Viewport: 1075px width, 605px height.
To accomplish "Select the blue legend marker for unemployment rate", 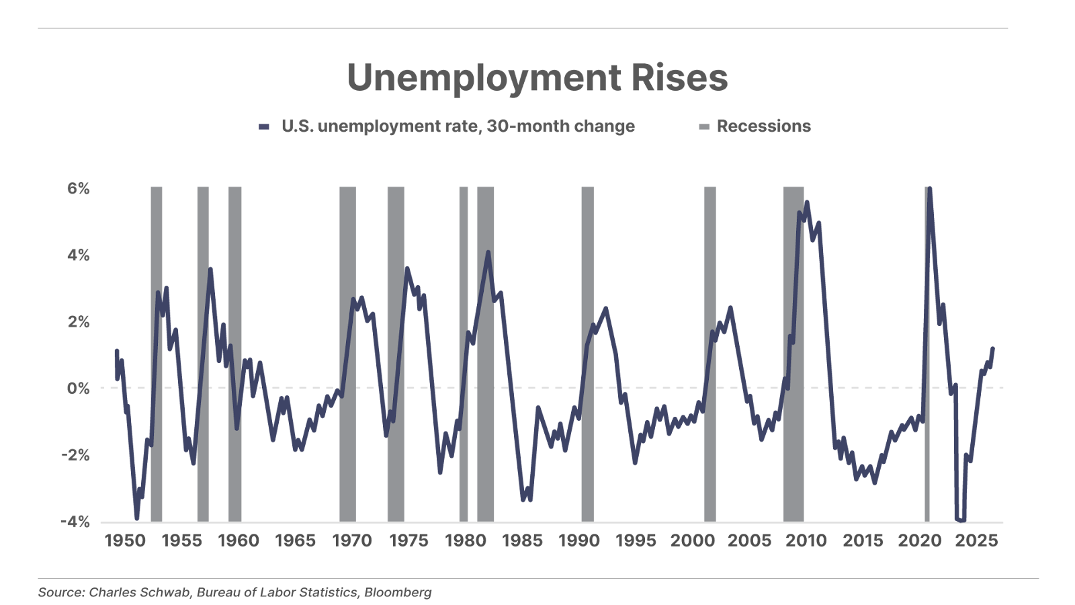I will pos(264,127).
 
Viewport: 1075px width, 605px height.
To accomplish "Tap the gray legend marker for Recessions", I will pos(704,127).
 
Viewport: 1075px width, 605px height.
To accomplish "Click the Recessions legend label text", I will pos(763,126).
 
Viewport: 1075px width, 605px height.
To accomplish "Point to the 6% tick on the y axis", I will pos(78,188).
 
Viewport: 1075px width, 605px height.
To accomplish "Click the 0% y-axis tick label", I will pos(78,389).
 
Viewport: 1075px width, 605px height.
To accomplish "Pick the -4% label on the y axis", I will pos(75,522).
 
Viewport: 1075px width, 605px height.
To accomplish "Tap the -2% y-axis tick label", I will pos(75,455).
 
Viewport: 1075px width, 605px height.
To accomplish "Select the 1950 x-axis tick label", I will pos(125,541).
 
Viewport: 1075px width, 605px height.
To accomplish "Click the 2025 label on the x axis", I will pos(976,541).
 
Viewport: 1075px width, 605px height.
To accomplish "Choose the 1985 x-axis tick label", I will pos(522,541).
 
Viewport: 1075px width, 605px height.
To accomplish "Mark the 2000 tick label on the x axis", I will pos(693,541).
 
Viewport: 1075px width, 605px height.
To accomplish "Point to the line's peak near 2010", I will pos(806,202).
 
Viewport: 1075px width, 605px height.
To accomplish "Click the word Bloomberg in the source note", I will pos(398,592).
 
